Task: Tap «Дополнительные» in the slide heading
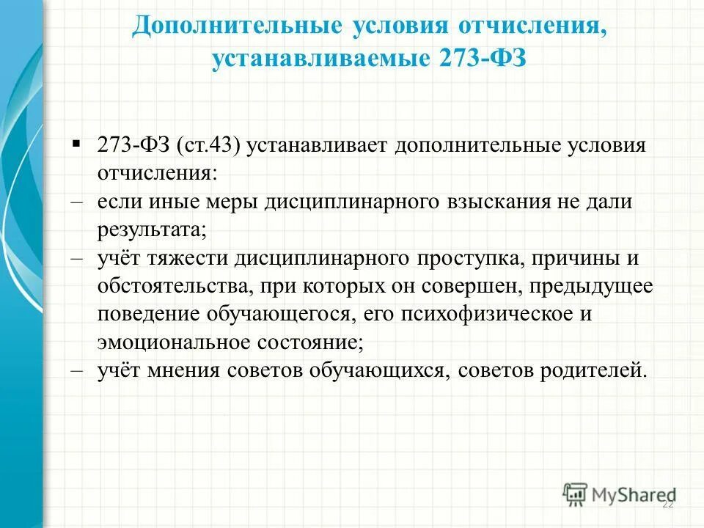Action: point(236,26)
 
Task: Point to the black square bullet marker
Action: point(76,142)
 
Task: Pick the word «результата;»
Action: point(153,230)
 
